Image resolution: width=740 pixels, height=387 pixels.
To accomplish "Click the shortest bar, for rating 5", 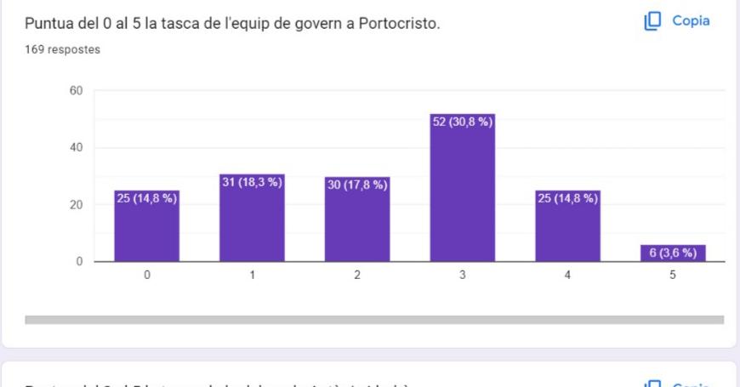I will click(x=673, y=253).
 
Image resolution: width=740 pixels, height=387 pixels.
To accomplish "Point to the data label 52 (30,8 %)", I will click(x=463, y=122).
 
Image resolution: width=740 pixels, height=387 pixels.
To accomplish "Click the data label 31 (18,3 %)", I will click(x=252, y=183).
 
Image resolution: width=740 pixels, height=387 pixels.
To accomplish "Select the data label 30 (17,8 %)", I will click(x=357, y=185).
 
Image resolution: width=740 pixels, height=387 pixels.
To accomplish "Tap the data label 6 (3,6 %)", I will click(x=673, y=253).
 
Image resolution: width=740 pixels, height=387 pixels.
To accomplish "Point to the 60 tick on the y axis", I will click(x=75, y=91).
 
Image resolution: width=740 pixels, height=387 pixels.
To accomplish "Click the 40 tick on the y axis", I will click(x=75, y=148).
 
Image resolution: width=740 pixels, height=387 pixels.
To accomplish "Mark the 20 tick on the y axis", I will click(x=75, y=205).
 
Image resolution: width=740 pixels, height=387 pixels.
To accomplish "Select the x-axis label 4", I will click(x=567, y=276).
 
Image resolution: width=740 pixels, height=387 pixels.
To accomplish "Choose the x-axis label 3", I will click(x=463, y=276).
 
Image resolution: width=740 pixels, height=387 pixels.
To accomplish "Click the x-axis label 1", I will click(x=252, y=276).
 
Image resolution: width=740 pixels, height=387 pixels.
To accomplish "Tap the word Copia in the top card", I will click(x=692, y=21).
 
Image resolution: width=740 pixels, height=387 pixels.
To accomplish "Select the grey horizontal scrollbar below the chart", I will click(x=374, y=320).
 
